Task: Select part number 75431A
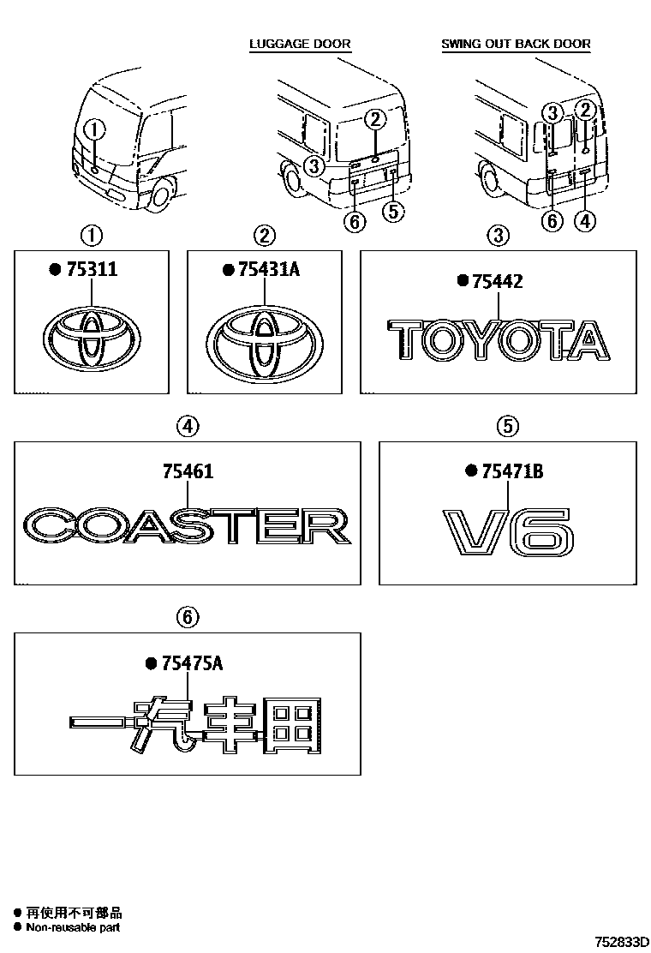(266, 269)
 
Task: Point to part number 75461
(188, 471)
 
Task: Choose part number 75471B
(511, 471)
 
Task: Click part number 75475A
(191, 662)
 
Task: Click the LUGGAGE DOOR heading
(300, 44)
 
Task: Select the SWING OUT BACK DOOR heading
(516, 44)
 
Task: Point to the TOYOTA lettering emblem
(499, 339)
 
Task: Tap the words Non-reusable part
(73, 926)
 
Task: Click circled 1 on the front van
(94, 130)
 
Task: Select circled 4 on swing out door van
(584, 221)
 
